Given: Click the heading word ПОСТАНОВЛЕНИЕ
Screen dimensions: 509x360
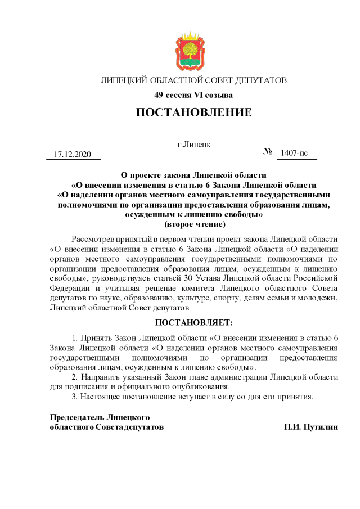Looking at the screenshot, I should click(x=193, y=112).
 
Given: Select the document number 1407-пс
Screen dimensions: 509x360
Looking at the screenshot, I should click(x=294, y=153).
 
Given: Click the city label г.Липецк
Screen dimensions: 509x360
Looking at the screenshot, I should click(x=194, y=145).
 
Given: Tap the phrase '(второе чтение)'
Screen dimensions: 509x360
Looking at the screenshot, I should click(x=193, y=224).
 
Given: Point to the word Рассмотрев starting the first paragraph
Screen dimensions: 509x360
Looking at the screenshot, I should click(x=94, y=239).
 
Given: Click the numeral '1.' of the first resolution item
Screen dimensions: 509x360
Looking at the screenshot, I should click(x=75, y=338).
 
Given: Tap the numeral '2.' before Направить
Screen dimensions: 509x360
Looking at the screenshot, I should click(x=75, y=376).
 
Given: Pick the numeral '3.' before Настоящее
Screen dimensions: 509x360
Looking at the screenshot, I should click(x=75, y=396).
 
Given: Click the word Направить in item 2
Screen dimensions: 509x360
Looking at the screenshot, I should click(x=101, y=376).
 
